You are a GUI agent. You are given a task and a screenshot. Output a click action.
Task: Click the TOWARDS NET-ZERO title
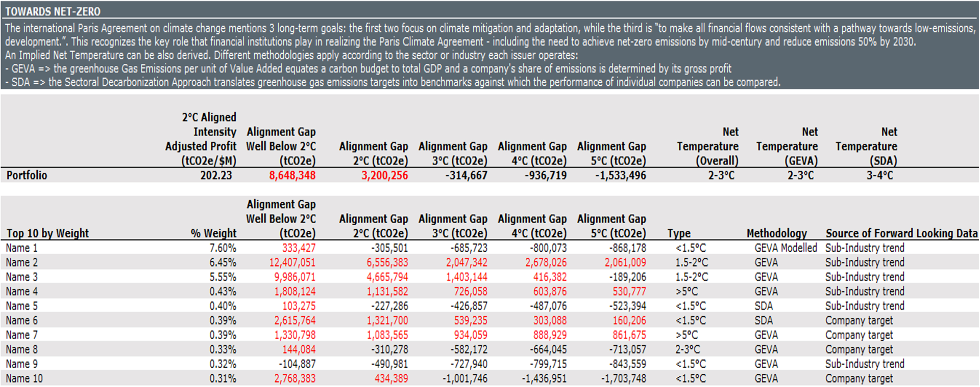53,11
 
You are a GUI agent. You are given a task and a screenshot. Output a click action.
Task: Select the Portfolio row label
27,175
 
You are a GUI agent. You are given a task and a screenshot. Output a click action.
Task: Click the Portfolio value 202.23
216,175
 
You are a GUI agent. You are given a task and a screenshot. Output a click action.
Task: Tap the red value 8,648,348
292,175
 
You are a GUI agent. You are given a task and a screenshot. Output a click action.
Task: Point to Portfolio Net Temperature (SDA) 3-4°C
879,175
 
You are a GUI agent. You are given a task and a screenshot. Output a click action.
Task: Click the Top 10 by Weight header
47,233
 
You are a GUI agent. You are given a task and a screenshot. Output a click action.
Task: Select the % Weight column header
213,233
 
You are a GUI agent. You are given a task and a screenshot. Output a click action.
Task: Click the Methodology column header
776,233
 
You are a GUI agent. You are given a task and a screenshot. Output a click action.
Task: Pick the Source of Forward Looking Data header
901,233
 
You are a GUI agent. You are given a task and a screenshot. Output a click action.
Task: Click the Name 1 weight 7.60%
223,248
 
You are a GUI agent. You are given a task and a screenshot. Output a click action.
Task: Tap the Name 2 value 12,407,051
292,262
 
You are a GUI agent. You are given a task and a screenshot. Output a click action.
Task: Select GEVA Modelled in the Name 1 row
786,248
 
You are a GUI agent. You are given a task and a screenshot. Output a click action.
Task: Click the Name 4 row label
21,292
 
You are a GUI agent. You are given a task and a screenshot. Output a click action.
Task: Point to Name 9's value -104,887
297,364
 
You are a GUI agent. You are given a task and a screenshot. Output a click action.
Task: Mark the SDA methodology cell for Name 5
764,306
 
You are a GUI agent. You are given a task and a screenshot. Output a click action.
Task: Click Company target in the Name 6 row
859,321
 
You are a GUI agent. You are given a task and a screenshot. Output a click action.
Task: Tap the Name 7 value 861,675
629,335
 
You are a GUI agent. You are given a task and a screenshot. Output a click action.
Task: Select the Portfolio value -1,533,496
620,175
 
